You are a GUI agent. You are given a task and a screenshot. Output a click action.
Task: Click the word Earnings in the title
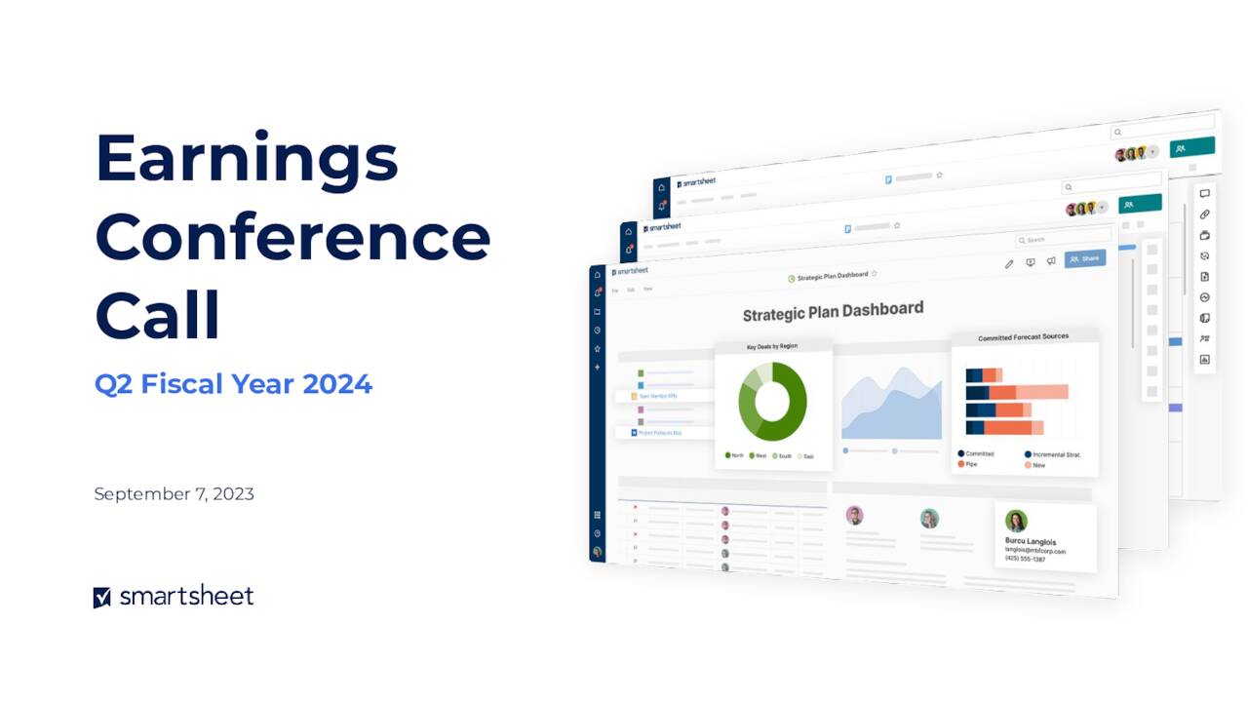247,159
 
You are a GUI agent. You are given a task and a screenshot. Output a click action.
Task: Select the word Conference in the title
292,237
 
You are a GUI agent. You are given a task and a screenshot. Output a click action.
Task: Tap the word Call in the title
158,315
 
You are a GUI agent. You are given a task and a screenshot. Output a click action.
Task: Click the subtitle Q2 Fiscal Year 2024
233,384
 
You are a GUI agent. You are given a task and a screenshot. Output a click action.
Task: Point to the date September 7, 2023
174,494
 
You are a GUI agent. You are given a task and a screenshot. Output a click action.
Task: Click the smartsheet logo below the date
174,597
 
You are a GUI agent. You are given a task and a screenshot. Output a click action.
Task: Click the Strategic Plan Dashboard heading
833,311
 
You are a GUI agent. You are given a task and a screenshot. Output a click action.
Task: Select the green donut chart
772,401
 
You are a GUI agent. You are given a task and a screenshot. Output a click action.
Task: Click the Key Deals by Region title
772,346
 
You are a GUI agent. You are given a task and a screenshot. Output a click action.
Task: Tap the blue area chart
891,405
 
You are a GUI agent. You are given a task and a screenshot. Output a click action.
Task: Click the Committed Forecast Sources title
1023,337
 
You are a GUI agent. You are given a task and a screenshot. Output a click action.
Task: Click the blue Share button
1085,258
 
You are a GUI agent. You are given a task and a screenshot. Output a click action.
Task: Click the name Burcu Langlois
1031,541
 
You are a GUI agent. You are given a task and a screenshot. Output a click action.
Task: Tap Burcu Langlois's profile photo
1016,521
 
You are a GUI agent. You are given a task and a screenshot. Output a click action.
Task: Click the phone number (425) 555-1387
1025,560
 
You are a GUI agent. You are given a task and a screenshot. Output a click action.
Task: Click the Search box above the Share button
1063,239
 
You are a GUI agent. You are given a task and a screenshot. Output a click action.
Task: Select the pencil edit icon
1009,263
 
